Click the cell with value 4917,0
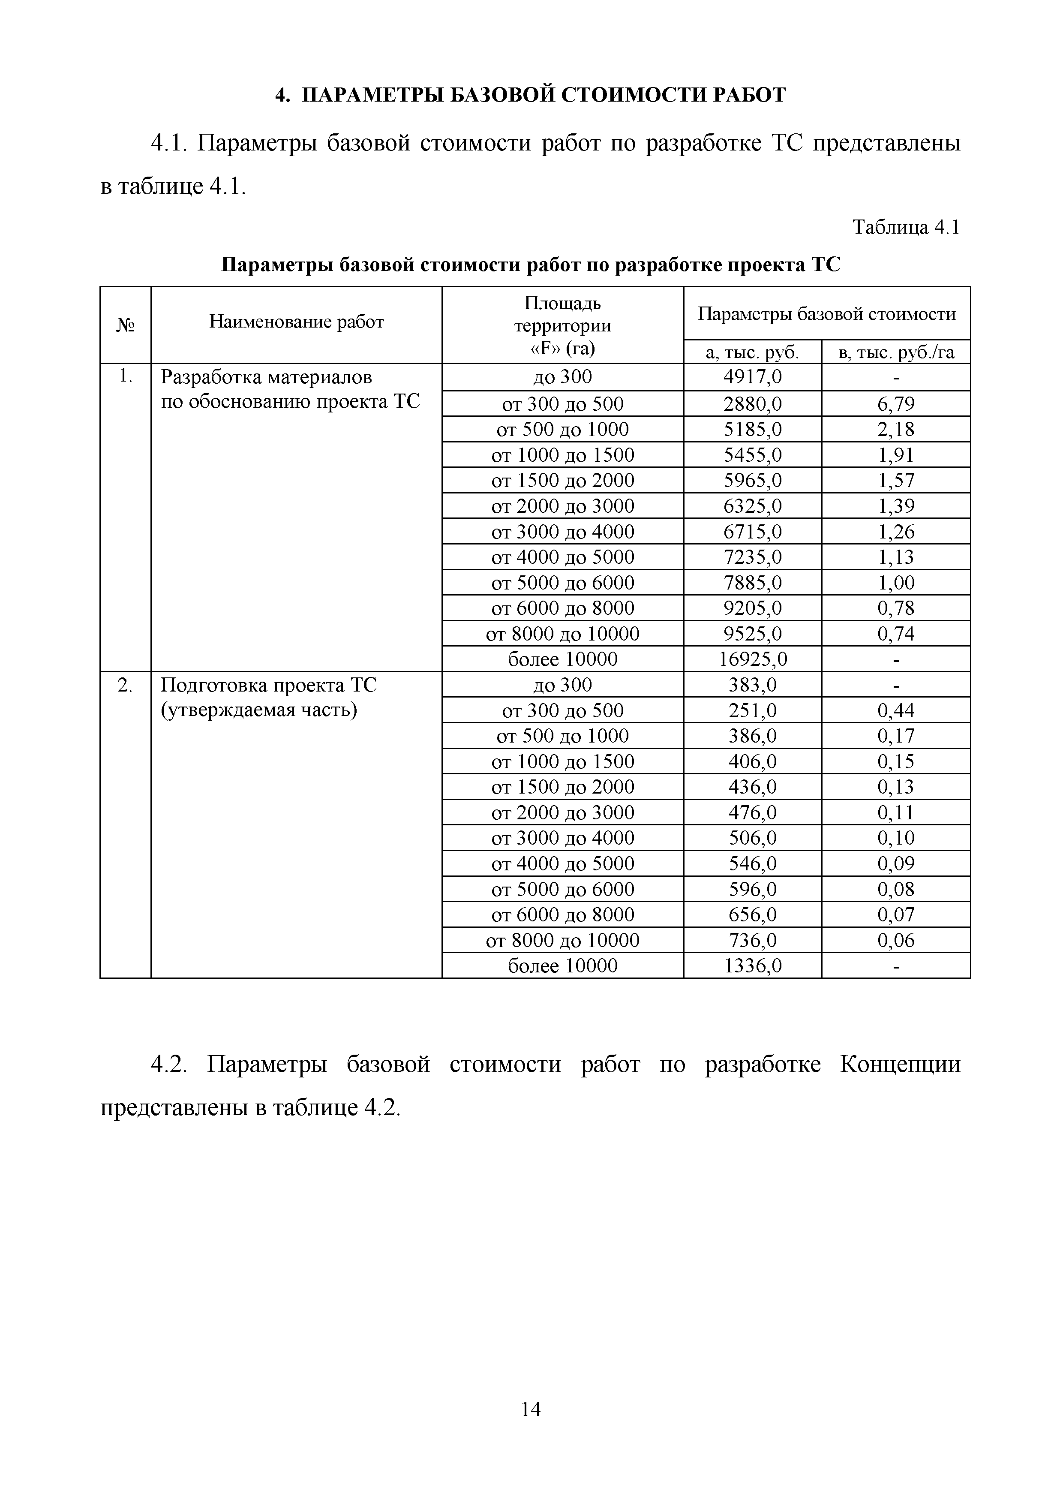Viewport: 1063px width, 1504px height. (753, 377)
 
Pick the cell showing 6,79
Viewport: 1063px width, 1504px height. (896, 403)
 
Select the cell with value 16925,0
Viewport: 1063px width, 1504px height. (753, 659)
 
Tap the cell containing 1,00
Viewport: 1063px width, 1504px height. (896, 582)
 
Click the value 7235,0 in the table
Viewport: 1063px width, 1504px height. (753, 557)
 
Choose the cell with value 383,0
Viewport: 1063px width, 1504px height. (753, 685)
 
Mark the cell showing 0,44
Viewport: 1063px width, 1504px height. (896, 710)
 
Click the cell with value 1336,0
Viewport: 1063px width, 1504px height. (753, 966)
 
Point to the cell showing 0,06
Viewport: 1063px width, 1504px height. (896, 940)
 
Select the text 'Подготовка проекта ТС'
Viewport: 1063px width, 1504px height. (268, 685)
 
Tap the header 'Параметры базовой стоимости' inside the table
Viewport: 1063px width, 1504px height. (826, 314)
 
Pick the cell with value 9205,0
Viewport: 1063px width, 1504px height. (753, 608)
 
